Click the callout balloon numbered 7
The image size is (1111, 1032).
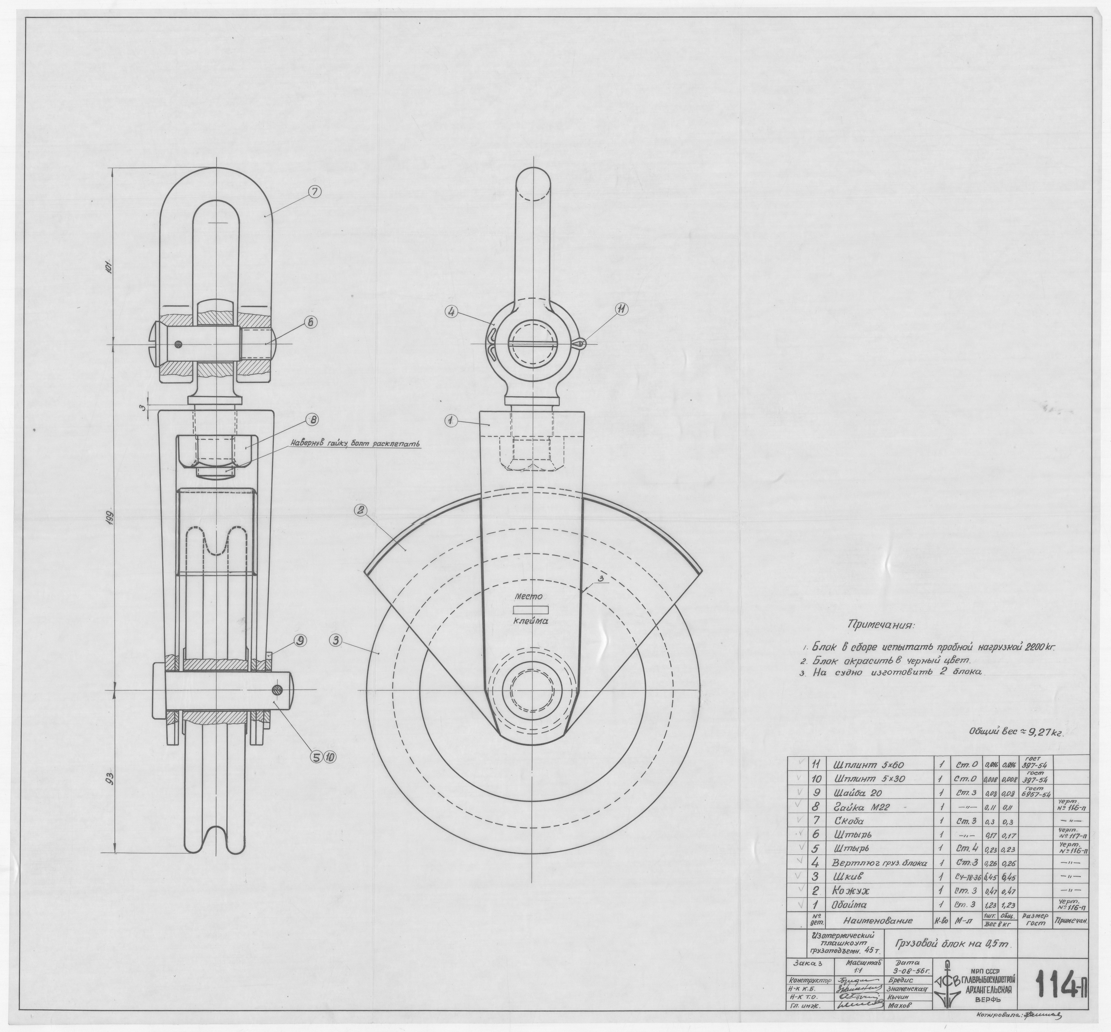pos(314,192)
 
